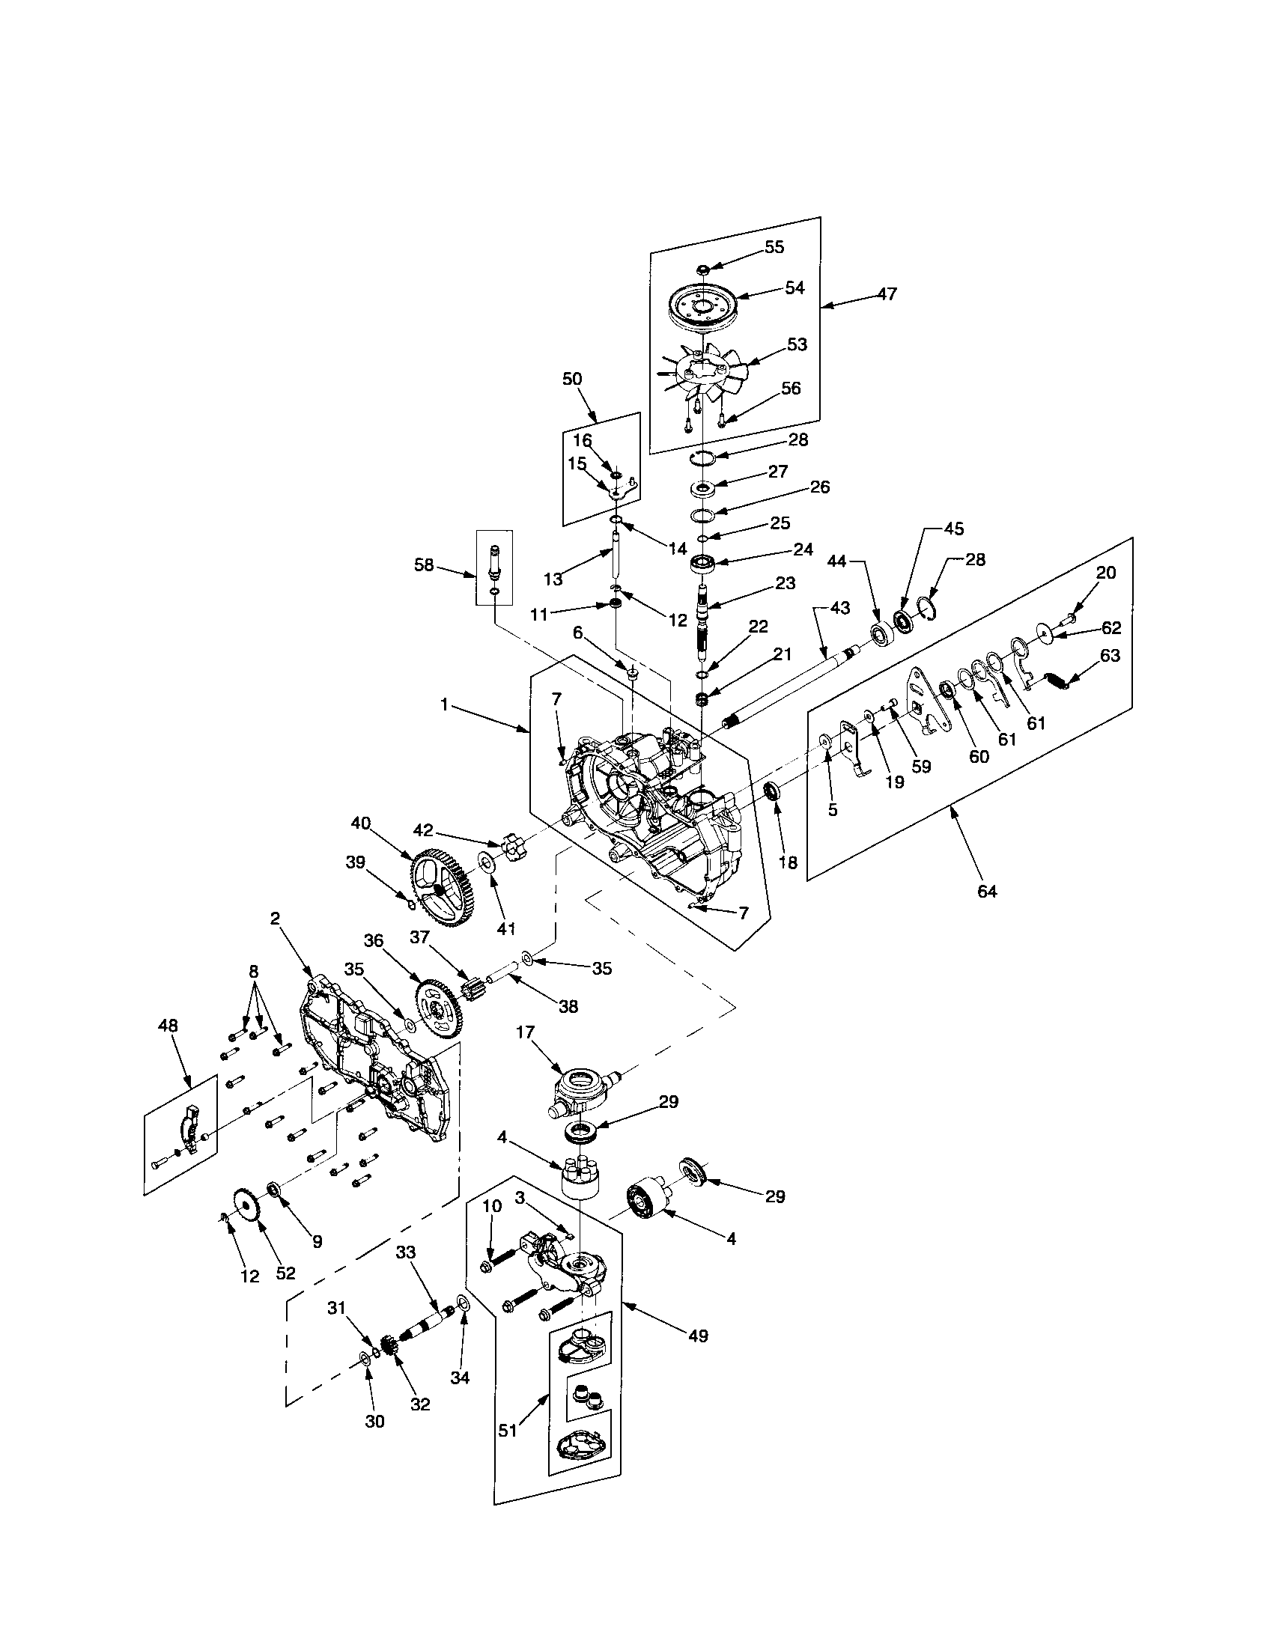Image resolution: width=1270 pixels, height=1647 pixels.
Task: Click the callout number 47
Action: coord(887,293)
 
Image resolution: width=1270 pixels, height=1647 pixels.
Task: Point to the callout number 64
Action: coord(986,892)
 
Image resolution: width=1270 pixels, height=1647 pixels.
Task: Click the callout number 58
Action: coord(425,564)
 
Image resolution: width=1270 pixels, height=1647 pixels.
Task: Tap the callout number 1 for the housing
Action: coord(444,704)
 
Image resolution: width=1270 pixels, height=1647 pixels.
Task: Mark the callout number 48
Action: coord(168,1026)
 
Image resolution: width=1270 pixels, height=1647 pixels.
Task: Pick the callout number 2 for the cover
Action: coord(275,918)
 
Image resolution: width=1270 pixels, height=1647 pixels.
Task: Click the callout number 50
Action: coord(572,379)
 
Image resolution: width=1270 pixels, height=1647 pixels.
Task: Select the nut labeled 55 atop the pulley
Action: coord(702,270)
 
